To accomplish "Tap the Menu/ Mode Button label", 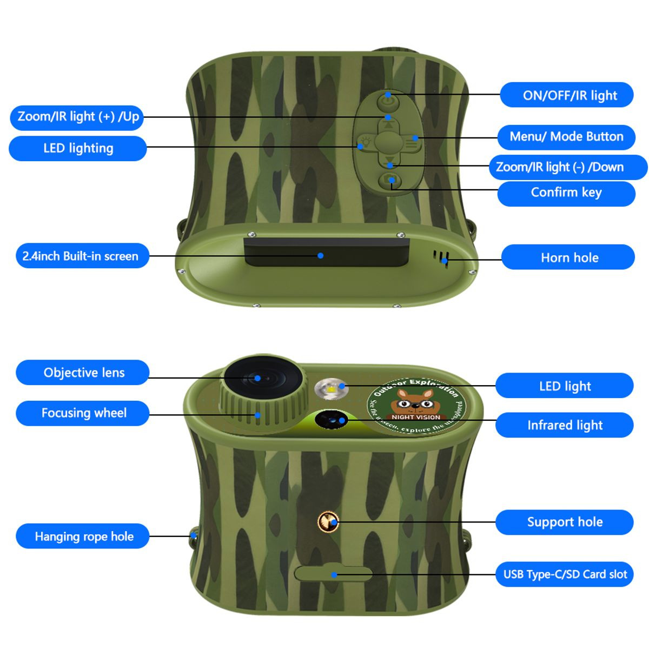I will pyautogui.click(x=566, y=136).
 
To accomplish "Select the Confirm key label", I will pyautogui.click(x=566, y=193).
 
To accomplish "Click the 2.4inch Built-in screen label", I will pyautogui.click(x=81, y=256).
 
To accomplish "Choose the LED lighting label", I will pyautogui.click(x=78, y=148).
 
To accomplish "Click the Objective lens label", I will pyautogui.click(x=83, y=373).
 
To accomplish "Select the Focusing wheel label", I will pyautogui.click(x=83, y=413).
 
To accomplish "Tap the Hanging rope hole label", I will pyautogui.click(x=83, y=537).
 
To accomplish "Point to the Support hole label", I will pyautogui.click(x=565, y=522).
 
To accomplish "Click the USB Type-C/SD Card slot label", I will pyautogui.click(x=565, y=574).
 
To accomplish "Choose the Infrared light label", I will pyautogui.click(x=565, y=425).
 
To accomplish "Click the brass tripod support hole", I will pyautogui.click(x=328, y=521).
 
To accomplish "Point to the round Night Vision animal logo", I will pyautogui.click(x=416, y=406).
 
